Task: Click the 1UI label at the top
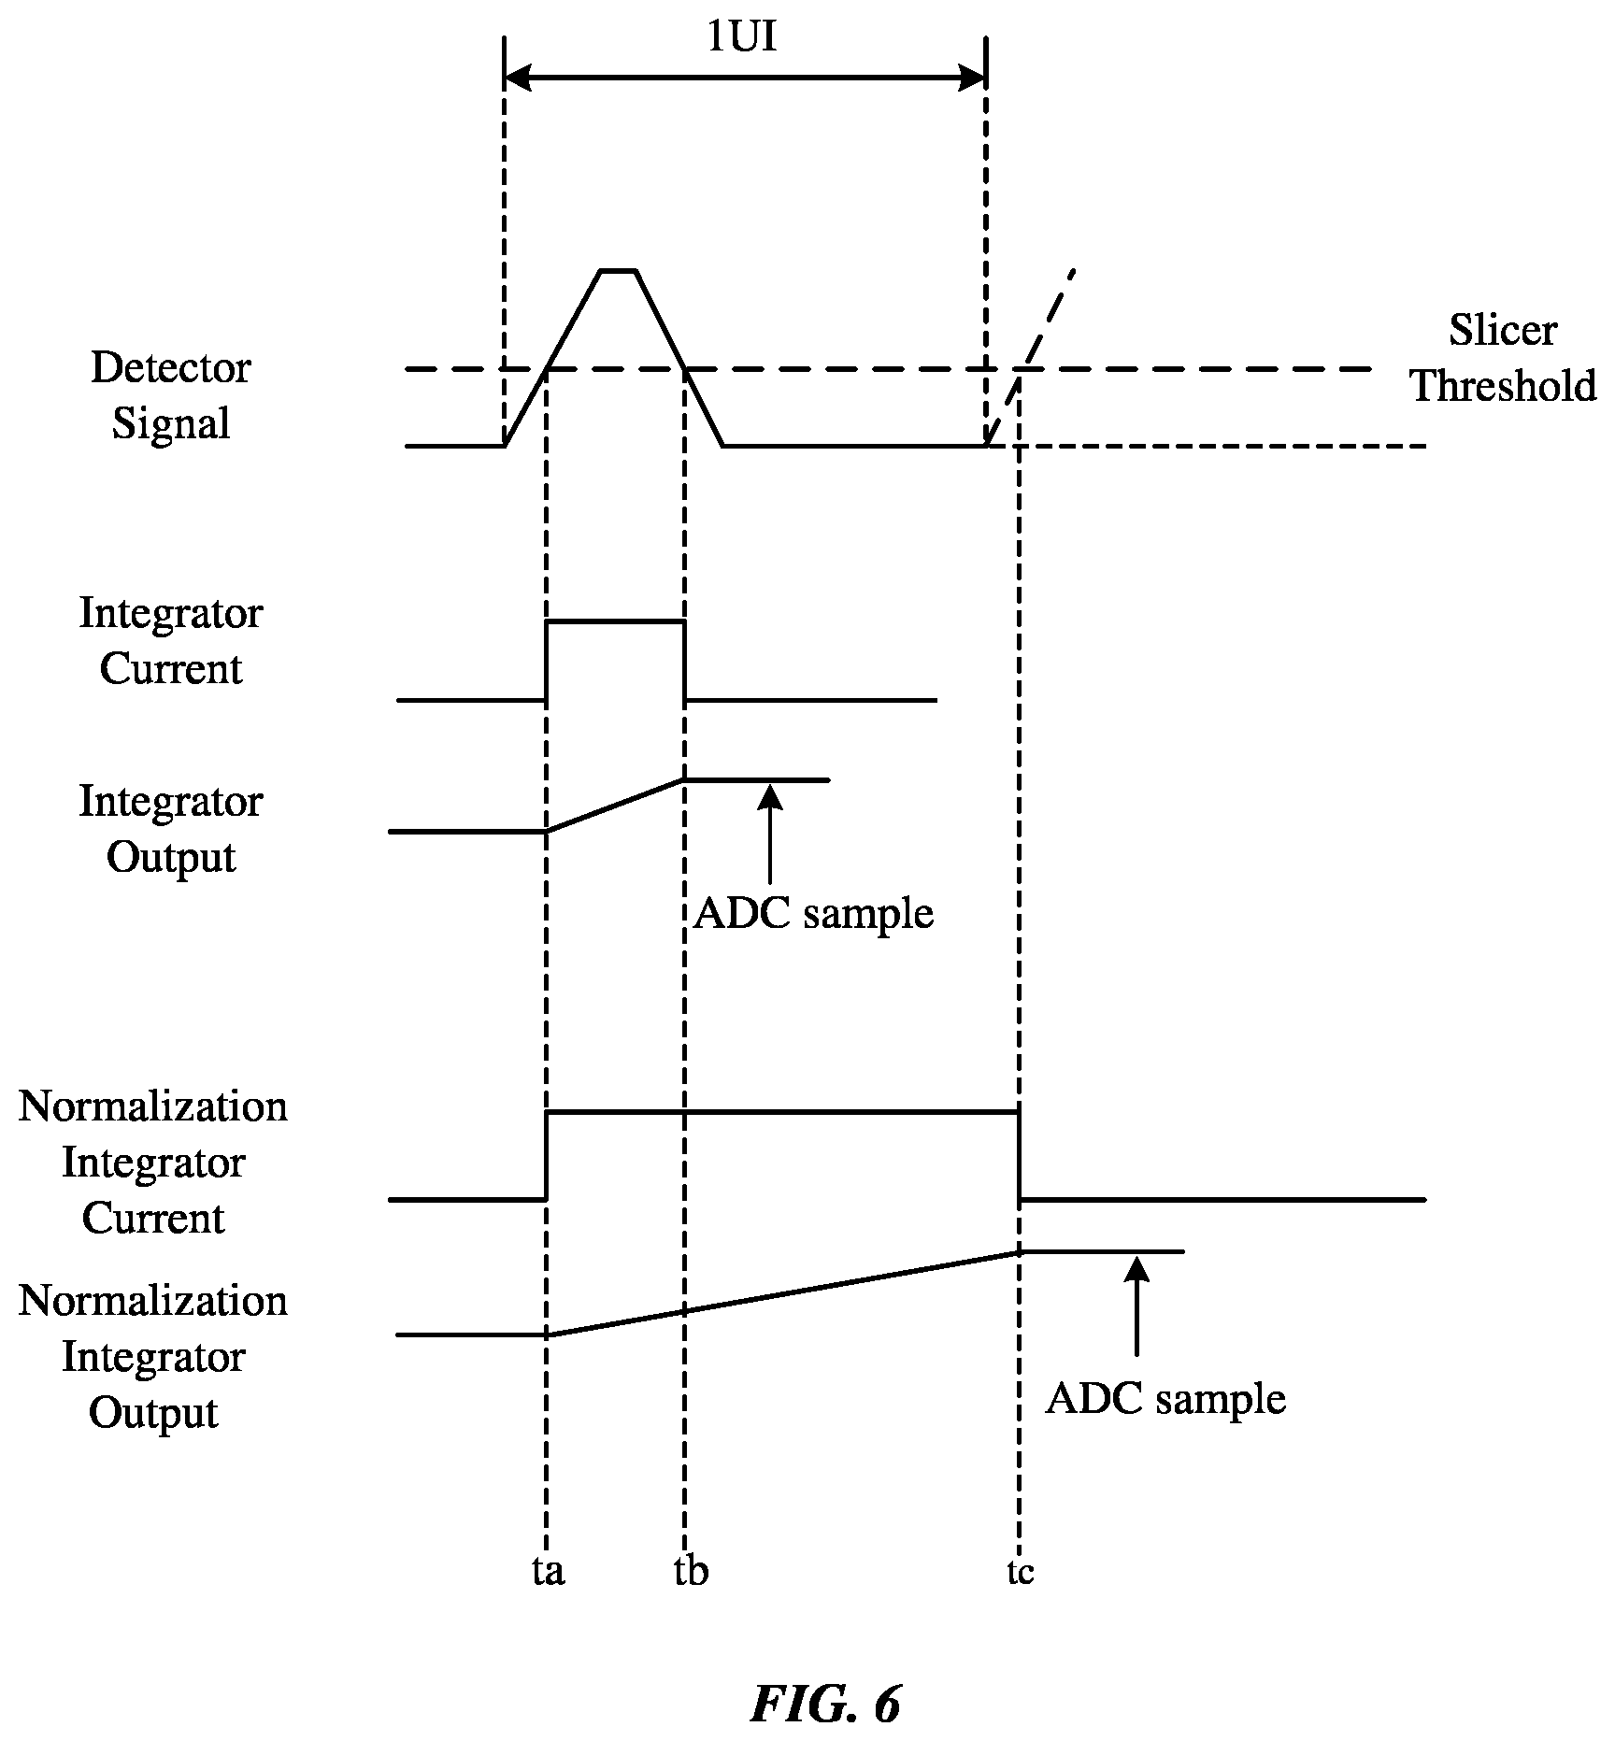742,38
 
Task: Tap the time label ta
549,1571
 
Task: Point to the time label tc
1021,1573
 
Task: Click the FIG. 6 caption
825,1704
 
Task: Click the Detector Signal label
171,395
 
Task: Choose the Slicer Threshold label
1503,358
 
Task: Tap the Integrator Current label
171,641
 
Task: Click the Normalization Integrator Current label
153,1162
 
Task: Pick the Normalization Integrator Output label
153,1356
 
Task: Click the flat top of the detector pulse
618,271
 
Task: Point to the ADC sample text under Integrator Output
813,913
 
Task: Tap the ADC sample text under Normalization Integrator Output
1165,1399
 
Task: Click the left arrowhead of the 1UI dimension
517,78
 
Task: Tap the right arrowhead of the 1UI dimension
973,78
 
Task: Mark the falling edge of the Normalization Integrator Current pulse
1019,1155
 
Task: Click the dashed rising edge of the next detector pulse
1031,358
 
